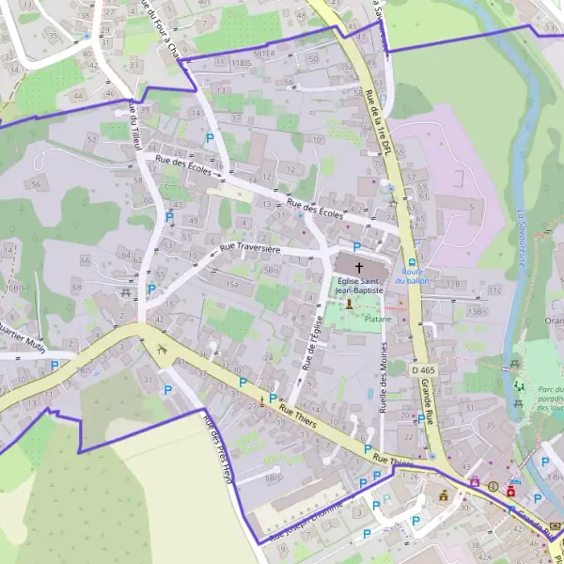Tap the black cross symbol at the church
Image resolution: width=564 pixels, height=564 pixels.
pyautogui.click(x=359, y=269)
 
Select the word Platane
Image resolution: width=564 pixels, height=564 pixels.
pyautogui.click(x=378, y=319)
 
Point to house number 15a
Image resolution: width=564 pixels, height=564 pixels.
pyautogui.click(x=231, y=284)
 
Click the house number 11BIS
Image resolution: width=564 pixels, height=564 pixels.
pyautogui.click(x=241, y=63)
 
